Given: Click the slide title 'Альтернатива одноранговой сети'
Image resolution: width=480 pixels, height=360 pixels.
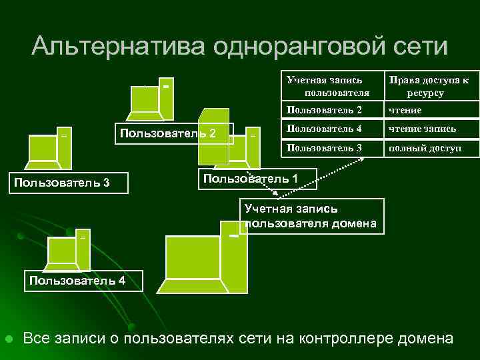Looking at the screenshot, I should click(x=239, y=46).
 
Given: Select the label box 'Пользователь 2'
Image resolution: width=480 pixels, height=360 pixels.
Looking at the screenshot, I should click(x=174, y=133).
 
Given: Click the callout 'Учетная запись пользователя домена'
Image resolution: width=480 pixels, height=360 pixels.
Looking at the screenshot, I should click(x=312, y=216).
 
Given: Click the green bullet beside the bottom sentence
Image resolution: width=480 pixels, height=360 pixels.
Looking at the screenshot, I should click(x=9, y=339).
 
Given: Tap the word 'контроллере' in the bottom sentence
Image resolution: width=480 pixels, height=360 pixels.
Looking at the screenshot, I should click(x=343, y=338).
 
